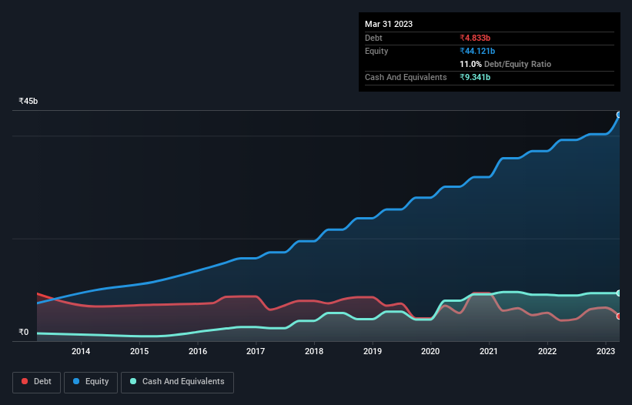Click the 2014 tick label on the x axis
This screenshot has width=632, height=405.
(81, 352)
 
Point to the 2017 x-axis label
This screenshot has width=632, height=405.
(256, 352)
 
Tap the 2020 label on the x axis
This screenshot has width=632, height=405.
(430, 352)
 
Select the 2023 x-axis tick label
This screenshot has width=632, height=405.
(606, 352)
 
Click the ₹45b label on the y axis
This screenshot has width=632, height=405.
(28, 102)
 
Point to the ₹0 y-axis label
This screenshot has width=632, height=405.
(24, 333)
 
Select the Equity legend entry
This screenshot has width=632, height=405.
(92, 382)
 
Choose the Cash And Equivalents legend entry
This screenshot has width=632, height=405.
(177, 382)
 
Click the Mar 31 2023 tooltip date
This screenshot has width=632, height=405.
(389, 24)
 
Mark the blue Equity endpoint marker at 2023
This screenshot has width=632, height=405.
(618, 115)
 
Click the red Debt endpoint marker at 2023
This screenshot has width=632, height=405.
(618, 316)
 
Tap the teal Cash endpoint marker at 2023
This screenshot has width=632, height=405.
(618, 293)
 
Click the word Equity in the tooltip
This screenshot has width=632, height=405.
(376, 51)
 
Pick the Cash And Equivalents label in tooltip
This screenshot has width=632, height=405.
(406, 77)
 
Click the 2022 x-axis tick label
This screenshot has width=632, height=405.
(547, 352)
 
